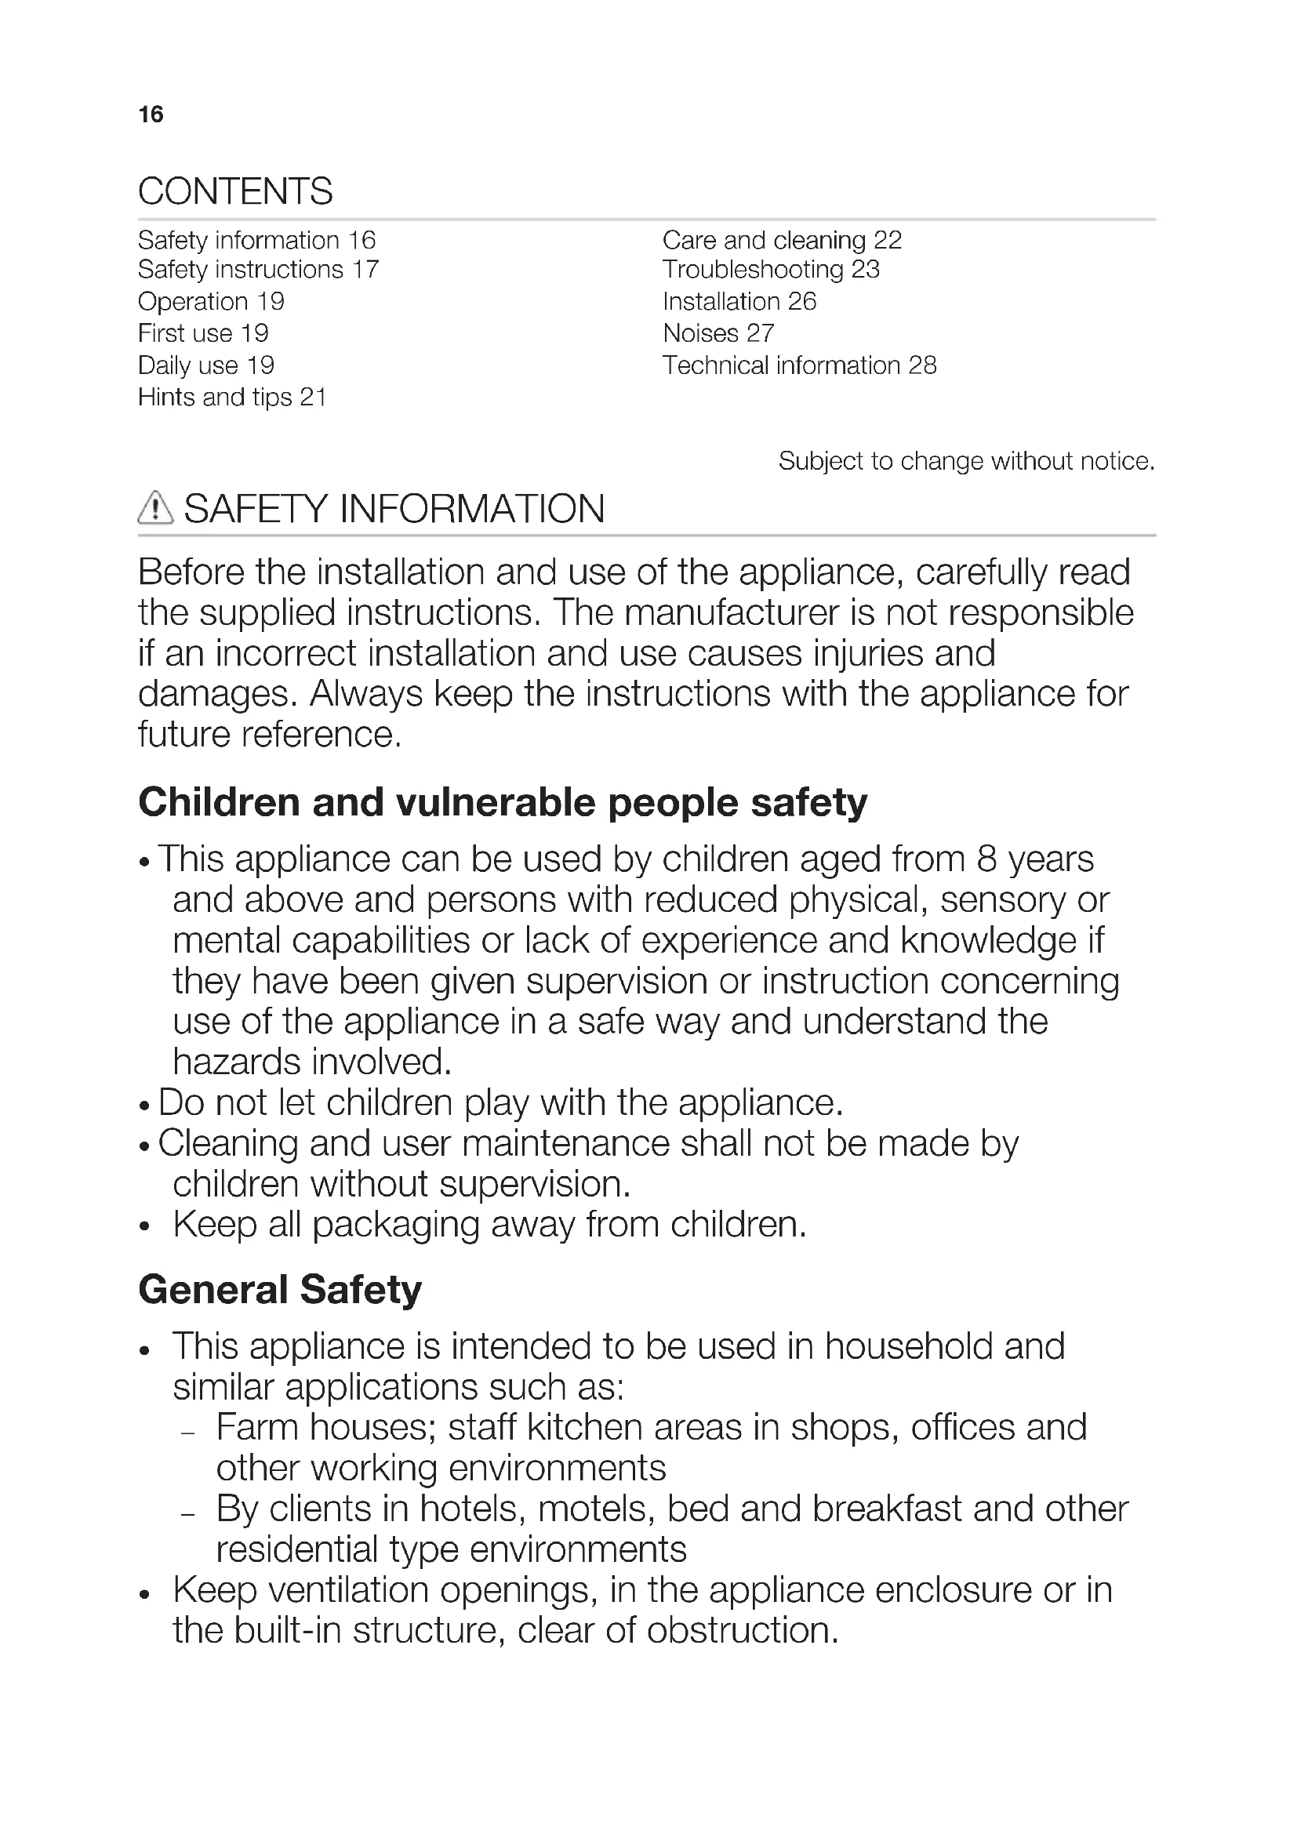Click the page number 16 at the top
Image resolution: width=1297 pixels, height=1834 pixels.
tap(150, 114)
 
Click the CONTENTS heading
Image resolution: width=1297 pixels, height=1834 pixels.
tap(234, 191)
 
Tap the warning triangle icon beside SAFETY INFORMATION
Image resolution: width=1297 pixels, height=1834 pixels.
tap(155, 508)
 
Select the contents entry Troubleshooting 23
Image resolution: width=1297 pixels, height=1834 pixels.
tap(771, 270)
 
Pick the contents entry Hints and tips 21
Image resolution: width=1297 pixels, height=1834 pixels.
tap(232, 397)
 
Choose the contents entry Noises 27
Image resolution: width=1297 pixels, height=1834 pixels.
tap(718, 333)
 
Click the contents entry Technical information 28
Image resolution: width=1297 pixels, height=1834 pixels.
tap(798, 365)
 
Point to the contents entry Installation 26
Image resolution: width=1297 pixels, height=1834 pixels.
tap(739, 301)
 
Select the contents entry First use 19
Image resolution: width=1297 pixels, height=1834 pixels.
tap(203, 333)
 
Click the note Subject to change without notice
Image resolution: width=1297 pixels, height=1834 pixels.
tap(966, 461)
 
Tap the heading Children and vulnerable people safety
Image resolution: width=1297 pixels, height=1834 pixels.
tap(503, 802)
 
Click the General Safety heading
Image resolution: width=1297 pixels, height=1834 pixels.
tap(279, 1290)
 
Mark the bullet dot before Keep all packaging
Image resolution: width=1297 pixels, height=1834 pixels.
tap(144, 1227)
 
